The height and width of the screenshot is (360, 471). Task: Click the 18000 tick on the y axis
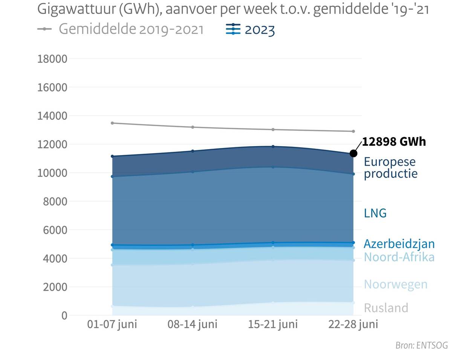tap(52, 59)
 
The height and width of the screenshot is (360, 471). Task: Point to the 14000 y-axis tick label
tap(52, 116)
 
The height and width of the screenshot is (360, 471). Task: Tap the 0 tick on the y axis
tap(64, 316)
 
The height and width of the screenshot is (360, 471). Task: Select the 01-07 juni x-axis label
tap(112, 325)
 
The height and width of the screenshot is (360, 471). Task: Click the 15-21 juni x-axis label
tap(272, 325)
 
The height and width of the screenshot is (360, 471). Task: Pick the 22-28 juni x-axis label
tap(353, 325)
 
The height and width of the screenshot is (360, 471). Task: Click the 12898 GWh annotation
tap(394, 142)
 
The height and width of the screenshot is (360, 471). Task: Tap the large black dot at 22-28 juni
tap(353, 153)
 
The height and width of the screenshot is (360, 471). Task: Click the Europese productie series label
tap(390, 168)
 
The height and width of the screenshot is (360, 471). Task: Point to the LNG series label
tap(375, 213)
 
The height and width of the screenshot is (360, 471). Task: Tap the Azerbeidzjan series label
tap(399, 244)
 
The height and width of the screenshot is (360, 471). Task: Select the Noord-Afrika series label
tap(399, 257)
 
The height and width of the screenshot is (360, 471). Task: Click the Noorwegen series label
tap(396, 284)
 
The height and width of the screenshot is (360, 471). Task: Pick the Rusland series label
tap(386, 308)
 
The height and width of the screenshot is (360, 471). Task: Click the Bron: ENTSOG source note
tap(421, 345)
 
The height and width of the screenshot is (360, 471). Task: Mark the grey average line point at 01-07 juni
tap(112, 123)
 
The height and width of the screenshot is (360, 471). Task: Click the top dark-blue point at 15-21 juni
tap(273, 146)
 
